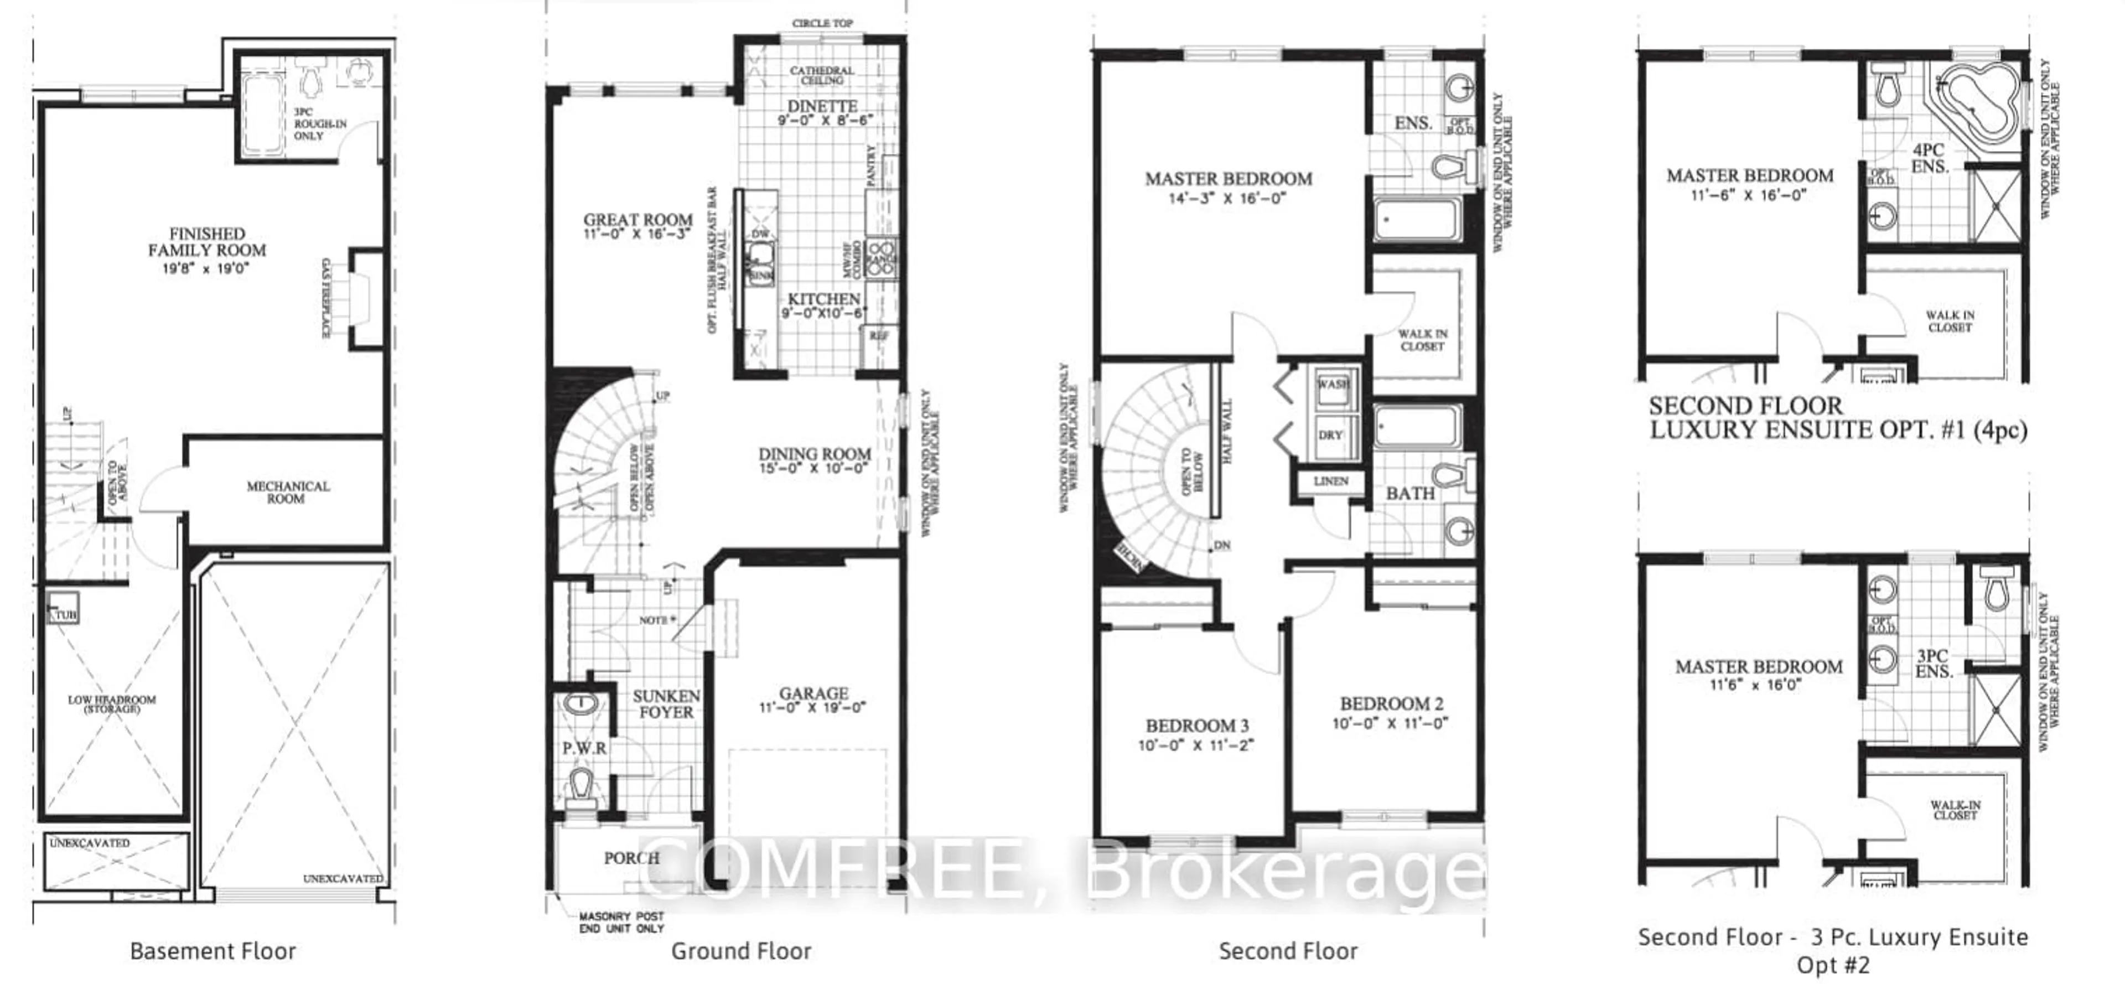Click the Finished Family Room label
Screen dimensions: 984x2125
pyautogui.click(x=207, y=242)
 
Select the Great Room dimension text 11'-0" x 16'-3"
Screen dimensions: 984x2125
pyautogui.click(x=637, y=234)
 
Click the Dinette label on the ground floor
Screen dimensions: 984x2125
pyautogui.click(x=822, y=106)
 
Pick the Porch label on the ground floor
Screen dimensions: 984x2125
pyautogui.click(x=631, y=858)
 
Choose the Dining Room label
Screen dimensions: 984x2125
pyautogui.click(x=814, y=454)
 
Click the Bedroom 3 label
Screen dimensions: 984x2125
pyautogui.click(x=1197, y=726)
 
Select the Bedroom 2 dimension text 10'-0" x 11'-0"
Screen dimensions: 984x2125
pyautogui.click(x=1391, y=723)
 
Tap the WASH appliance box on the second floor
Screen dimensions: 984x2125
pyautogui.click(x=1333, y=386)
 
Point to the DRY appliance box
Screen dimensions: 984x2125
pyautogui.click(x=1330, y=434)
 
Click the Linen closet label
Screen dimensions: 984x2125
pyautogui.click(x=1330, y=481)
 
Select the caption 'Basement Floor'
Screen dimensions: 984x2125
pyautogui.click(x=213, y=951)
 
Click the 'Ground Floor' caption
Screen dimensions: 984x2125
pyautogui.click(x=741, y=951)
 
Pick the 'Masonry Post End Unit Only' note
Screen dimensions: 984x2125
pyautogui.click(x=621, y=922)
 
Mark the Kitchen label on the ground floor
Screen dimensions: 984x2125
pyautogui.click(x=823, y=299)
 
